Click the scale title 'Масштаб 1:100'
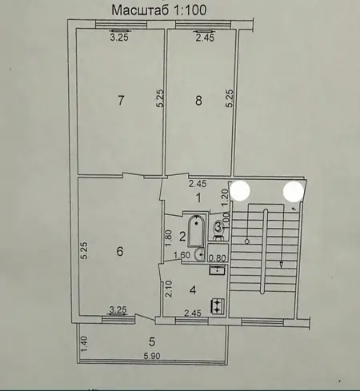tap(159, 10)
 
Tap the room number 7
tap(121, 101)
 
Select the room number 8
tap(198, 101)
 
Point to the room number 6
tap(120, 251)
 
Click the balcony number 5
tap(152, 341)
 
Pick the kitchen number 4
tap(193, 290)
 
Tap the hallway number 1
tap(198, 198)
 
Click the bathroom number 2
tap(182, 237)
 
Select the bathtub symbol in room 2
tap(196, 231)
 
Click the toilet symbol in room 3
tap(219, 230)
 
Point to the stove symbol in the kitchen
tap(218, 305)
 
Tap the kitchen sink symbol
tap(218, 270)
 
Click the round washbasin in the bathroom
tap(199, 254)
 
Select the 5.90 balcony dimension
tap(152, 356)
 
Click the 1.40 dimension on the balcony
tap(84, 344)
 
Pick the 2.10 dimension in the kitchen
tap(169, 289)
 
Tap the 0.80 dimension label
tap(218, 258)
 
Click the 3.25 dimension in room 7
tap(119, 38)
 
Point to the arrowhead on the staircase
tap(282, 264)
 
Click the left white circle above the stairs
tap(240, 191)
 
